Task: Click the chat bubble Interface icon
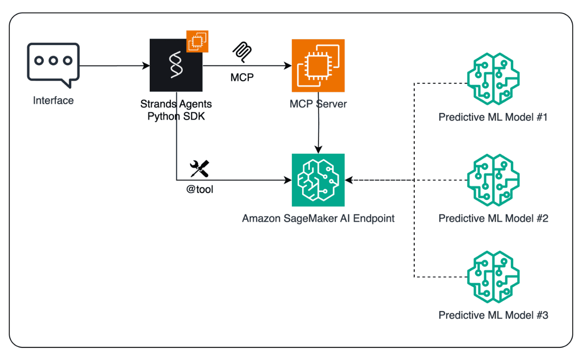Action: (x=53, y=65)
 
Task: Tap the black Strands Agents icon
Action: (x=176, y=65)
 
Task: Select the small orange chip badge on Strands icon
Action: (x=197, y=41)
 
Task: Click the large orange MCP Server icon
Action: (x=318, y=65)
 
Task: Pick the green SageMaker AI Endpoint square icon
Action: (x=318, y=180)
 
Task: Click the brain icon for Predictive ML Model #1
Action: (x=493, y=79)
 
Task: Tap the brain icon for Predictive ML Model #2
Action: (x=493, y=180)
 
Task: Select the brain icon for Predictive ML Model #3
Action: (x=493, y=277)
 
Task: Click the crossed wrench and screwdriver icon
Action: (x=199, y=168)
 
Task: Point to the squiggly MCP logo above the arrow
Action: (x=242, y=52)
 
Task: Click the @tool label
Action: (x=199, y=189)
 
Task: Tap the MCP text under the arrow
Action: (x=242, y=77)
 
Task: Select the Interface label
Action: (x=53, y=100)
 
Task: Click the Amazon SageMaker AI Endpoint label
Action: (x=318, y=218)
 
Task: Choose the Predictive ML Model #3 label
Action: (x=493, y=315)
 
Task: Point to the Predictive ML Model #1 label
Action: (x=493, y=117)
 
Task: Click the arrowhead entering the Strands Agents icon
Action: (x=146, y=65)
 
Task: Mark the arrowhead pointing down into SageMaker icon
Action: (x=318, y=150)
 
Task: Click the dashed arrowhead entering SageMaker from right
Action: (x=349, y=180)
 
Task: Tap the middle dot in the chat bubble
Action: (x=53, y=61)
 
